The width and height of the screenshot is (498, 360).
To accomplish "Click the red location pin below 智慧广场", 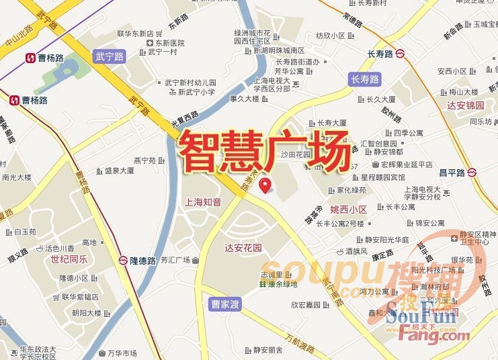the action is pos(266,183).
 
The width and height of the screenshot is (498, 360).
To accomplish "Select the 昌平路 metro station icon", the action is pos(474,173).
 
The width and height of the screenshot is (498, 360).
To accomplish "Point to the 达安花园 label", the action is pos(243,248).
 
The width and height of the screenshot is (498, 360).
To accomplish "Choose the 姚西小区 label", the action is pos(349,210).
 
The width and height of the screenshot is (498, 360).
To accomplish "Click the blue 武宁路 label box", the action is pos(110,56).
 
